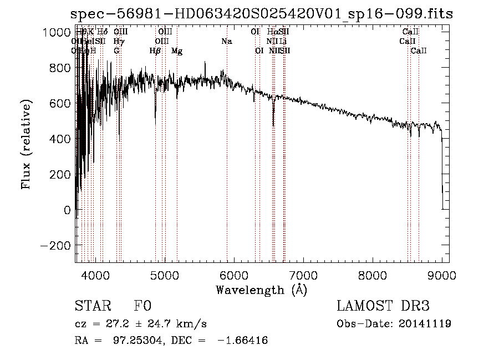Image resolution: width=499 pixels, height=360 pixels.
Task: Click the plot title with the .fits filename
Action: pos(262,14)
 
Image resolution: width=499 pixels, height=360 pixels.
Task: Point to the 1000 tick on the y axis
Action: pos(58,32)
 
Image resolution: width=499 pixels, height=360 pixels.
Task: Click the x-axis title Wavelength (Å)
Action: pos(261,290)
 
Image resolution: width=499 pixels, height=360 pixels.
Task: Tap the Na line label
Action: pos(226,42)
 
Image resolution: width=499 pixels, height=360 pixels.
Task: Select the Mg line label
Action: pos(177,51)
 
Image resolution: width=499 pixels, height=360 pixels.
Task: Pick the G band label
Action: pos(116,51)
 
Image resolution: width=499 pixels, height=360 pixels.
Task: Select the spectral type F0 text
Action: pos(142,306)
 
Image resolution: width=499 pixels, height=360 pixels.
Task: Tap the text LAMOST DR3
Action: pos(383,306)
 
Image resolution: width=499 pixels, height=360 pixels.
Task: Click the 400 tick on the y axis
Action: pos(63,139)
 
